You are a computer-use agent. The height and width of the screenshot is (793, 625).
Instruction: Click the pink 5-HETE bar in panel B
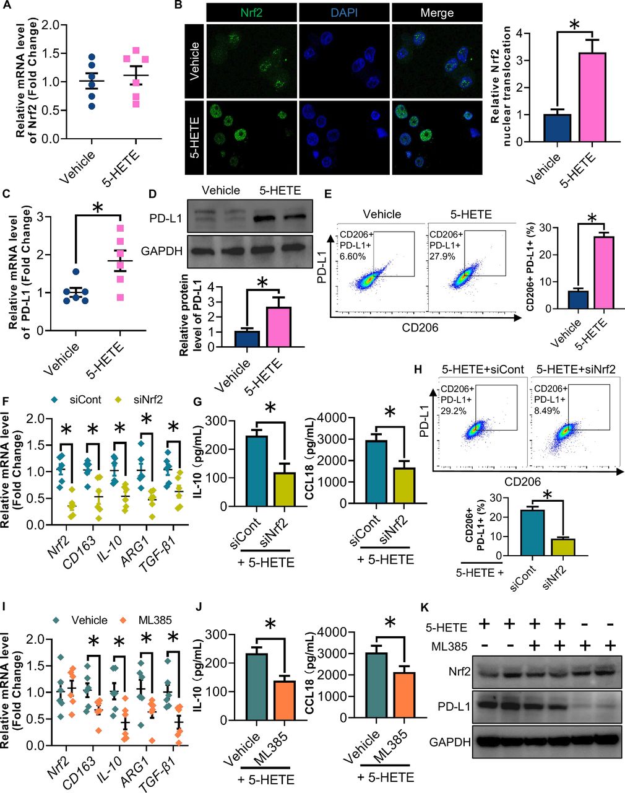coord(592,97)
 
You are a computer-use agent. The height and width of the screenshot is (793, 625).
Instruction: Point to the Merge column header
coord(436,12)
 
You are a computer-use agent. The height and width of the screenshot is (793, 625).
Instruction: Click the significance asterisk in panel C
coord(97,208)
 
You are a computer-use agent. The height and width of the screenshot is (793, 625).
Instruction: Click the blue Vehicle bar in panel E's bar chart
coord(578,300)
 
